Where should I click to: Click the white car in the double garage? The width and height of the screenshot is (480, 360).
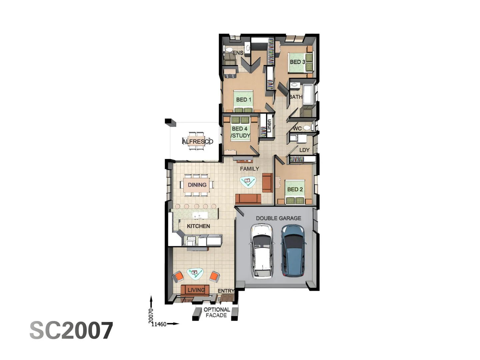pos(262,251)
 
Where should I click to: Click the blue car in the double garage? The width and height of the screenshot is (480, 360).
pos(293,250)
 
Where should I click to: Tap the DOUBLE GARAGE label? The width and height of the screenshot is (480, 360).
pos(278,218)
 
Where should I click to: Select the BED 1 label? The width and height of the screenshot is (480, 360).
pos(243,100)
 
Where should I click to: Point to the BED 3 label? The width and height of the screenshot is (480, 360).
pos(297,62)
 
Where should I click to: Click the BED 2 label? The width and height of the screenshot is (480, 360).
pos(295,189)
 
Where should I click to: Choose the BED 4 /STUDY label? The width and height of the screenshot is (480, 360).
pos(240,132)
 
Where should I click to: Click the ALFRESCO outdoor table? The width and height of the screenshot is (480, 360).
pos(197,141)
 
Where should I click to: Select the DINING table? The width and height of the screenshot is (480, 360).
pos(197,185)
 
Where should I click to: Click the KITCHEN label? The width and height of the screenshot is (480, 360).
pos(198,226)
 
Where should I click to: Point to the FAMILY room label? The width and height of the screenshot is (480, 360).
pos(249,169)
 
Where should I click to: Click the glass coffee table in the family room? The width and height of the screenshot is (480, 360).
pos(248,181)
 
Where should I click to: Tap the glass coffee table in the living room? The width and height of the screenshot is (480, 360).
pos(195,273)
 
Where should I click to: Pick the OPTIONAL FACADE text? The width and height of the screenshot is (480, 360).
pos(216,312)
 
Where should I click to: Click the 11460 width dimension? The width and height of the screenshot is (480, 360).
pos(159,324)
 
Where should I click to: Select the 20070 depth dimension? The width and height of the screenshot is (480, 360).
pos(151,315)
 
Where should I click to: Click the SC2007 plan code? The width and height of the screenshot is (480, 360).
pos(71,331)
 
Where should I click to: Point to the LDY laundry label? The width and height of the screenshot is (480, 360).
pos(304,150)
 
